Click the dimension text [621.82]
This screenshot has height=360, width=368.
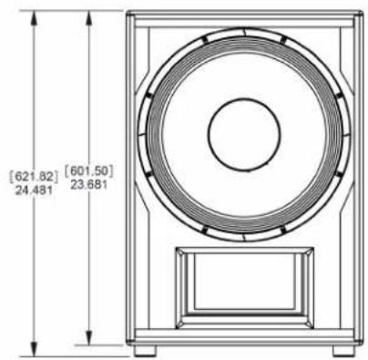coord(34,177)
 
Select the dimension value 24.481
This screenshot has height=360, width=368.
coord(34,190)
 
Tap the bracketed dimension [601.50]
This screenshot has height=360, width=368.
coord(88,171)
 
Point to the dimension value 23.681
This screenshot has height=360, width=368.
coord(88,184)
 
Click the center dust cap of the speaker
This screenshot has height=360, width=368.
coord(244,134)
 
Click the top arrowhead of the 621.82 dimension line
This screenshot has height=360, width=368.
coord(35,17)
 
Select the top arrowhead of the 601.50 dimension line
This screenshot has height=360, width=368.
coord(88,17)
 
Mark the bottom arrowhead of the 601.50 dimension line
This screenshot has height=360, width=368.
coord(88,338)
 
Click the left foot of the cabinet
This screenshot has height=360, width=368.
coord(145,351)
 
